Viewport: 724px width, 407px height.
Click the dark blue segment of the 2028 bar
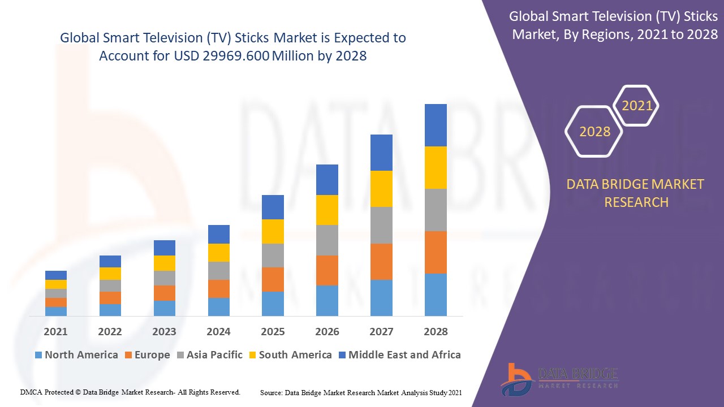(436, 125)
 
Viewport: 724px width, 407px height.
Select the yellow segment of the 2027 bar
(381, 189)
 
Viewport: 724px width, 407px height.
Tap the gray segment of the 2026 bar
(327, 240)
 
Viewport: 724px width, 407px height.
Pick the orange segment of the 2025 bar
(273, 279)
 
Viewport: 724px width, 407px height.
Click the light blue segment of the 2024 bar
(219, 306)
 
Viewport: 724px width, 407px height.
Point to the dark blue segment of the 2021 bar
(56, 275)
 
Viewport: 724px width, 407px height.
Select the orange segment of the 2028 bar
(436, 252)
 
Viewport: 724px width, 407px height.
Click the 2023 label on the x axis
(164, 332)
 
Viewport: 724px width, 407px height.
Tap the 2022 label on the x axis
(110, 332)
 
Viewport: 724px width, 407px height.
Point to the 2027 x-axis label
(381, 332)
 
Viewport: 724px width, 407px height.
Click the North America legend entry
(76, 355)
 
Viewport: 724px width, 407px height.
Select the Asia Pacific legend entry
(209, 355)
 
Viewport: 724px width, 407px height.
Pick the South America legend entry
(289, 355)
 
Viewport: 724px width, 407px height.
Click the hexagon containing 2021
(637, 106)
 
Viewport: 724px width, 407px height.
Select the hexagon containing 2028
(594, 132)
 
